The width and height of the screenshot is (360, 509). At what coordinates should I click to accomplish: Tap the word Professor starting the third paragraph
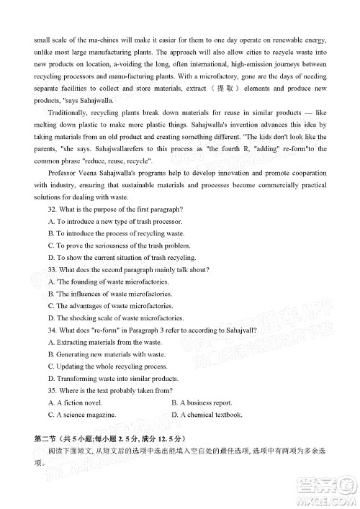pos(63,172)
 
